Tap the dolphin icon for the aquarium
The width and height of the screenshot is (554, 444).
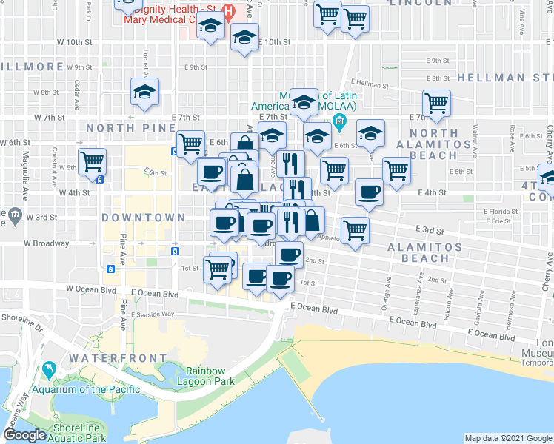click(x=49, y=369)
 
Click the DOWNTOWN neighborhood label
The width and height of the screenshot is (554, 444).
click(x=143, y=218)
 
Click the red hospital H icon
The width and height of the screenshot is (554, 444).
click(x=229, y=13)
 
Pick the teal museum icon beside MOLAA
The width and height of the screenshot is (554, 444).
click(x=340, y=121)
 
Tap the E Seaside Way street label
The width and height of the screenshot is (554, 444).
click(x=153, y=314)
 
